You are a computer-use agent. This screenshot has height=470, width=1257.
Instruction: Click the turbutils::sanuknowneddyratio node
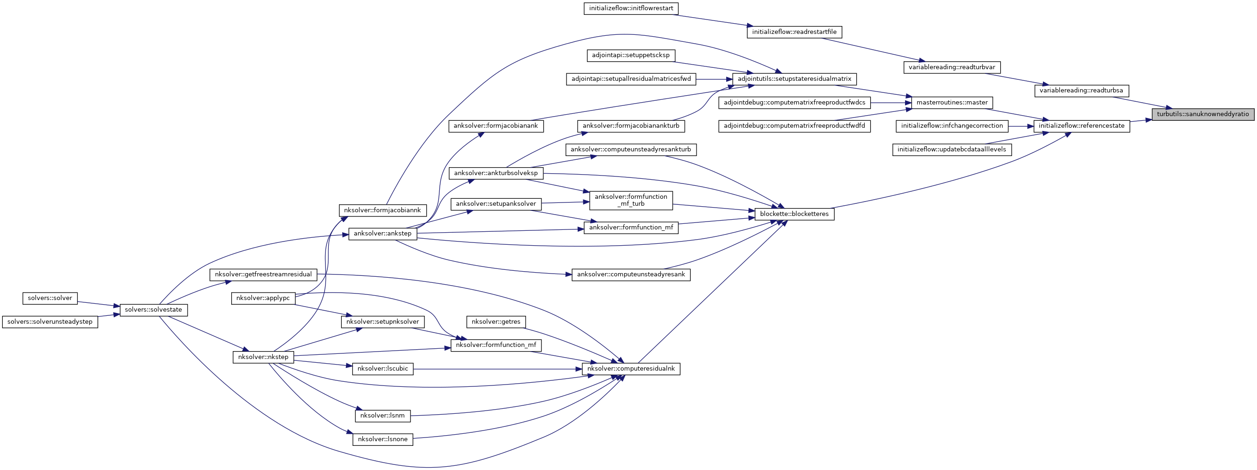click(1203, 114)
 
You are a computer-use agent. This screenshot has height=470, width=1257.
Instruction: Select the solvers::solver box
click(50, 298)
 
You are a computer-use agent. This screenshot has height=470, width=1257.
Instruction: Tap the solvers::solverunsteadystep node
click(50, 322)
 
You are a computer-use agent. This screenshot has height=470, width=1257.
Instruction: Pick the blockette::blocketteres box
click(794, 214)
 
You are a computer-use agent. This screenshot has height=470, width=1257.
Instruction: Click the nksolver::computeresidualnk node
click(631, 369)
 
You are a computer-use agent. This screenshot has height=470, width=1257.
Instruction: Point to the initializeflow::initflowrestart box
click(631, 8)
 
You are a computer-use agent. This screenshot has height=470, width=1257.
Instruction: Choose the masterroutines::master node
click(951, 103)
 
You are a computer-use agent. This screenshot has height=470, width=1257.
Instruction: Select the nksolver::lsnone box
click(383, 439)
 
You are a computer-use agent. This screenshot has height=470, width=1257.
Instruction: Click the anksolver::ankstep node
click(383, 233)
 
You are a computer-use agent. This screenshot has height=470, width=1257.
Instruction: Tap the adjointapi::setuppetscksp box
click(631, 55)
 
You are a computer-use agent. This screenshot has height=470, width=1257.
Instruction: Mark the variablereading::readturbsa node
click(1081, 90)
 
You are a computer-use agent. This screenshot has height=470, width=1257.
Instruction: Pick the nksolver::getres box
click(496, 322)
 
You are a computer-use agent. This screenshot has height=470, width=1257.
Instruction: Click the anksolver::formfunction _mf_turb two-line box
click(631, 200)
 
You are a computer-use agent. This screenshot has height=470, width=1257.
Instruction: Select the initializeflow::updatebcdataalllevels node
click(951, 150)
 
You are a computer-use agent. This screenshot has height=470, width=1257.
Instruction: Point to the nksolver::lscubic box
click(383, 369)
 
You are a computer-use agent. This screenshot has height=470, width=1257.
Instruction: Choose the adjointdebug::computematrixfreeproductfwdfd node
click(794, 126)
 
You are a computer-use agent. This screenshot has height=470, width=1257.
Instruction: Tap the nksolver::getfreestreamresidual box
click(263, 274)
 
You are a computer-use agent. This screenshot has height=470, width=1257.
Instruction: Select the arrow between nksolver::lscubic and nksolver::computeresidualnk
click(498, 369)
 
